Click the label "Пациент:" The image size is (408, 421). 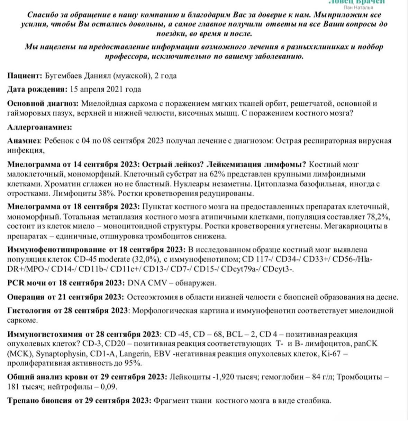tap(25, 76)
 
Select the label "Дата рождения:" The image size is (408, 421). tap(37, 89)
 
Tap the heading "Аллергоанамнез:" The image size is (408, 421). tap(39, 127)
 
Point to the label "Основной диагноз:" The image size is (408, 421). tap(43, 103)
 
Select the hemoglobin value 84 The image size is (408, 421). tap(316, 377)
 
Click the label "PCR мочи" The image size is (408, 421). tap(26, 283)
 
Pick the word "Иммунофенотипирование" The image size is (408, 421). tap(56, 250)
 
